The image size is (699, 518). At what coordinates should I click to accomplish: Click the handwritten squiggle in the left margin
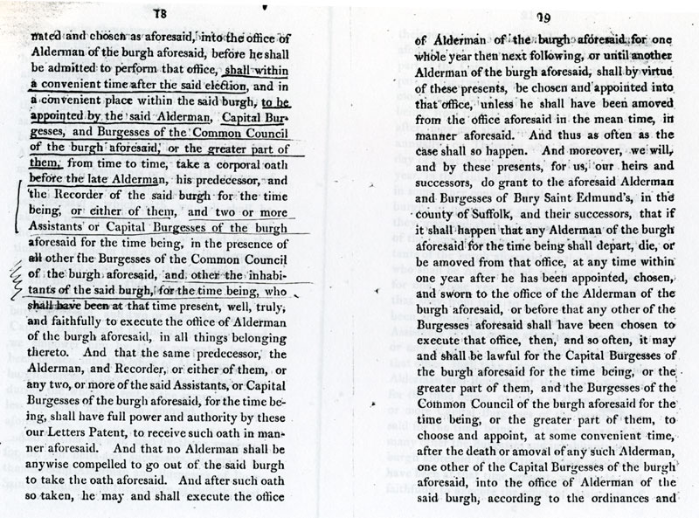(x=15, y=278)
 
